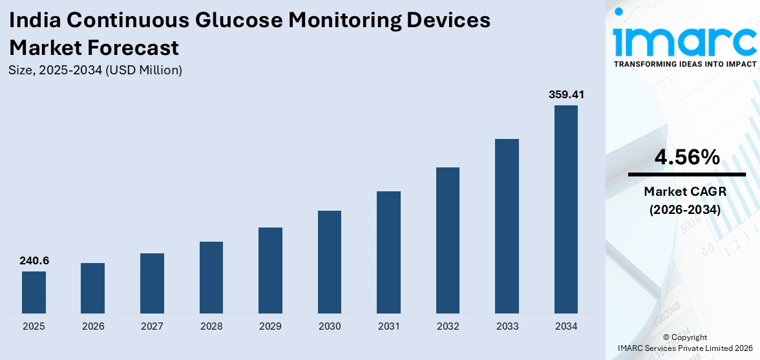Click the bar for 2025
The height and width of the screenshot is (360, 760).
pyautogui.click(x=34, y=292)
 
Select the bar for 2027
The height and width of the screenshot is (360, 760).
pyautogui.click(x=152, y=283)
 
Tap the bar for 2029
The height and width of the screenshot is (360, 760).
pyautogui.click(x=270, y=270)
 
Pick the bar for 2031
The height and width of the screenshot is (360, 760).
pyautogui.click(x=388, y=252)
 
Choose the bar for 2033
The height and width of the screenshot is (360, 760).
pyautogui.click(x=507, y=226)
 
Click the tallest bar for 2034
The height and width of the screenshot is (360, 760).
pyautogui.click(x=566, y=209)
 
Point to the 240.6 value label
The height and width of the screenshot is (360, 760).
pyautogui.click(x=34, y=261)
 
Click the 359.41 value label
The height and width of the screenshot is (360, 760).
pyautogui.click(x=566, y=95)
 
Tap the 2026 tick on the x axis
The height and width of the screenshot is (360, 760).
pyautogui.click(x=93, y=326)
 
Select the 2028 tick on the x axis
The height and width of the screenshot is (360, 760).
pyautogui.click(x=211, y=326)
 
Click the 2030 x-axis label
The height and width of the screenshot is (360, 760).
pyautogui.click(x=330, y=326)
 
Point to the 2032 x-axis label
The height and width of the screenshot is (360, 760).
pyautogui.click(x=448, y=326)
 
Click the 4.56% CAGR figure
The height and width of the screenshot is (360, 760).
pyautogui.click(x=686, y=157)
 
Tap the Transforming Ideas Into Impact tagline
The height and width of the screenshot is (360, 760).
pyautogui.click(x=685, y=64)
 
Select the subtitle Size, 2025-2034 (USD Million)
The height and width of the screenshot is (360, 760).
pyautogui.click(x=96, y=70)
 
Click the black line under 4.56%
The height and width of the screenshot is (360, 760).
pyautogui.click(x=686, y=175)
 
